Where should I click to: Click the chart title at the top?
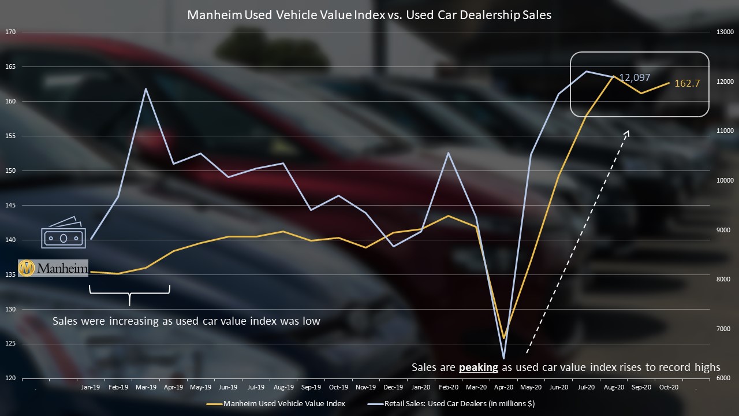pyautogui.click(x=369, y=16)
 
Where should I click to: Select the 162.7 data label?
pyautogui.click(x=687, y=83)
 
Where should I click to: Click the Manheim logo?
pyautogui.click(x=53, y=268)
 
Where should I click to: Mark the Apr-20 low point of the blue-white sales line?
pyautogui.click(x=504, y=358)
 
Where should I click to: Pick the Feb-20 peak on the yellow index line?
pyautogui.click(x=449, y=216)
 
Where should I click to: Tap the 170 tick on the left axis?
pyautogui.click(x=10, y=32)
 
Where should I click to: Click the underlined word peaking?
pyautogui.click(x=478, y=367)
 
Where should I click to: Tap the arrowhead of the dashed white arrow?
pyautogui.click(x=628, y=133)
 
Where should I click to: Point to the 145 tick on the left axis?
pyautogui.click(x=10, y=205)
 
